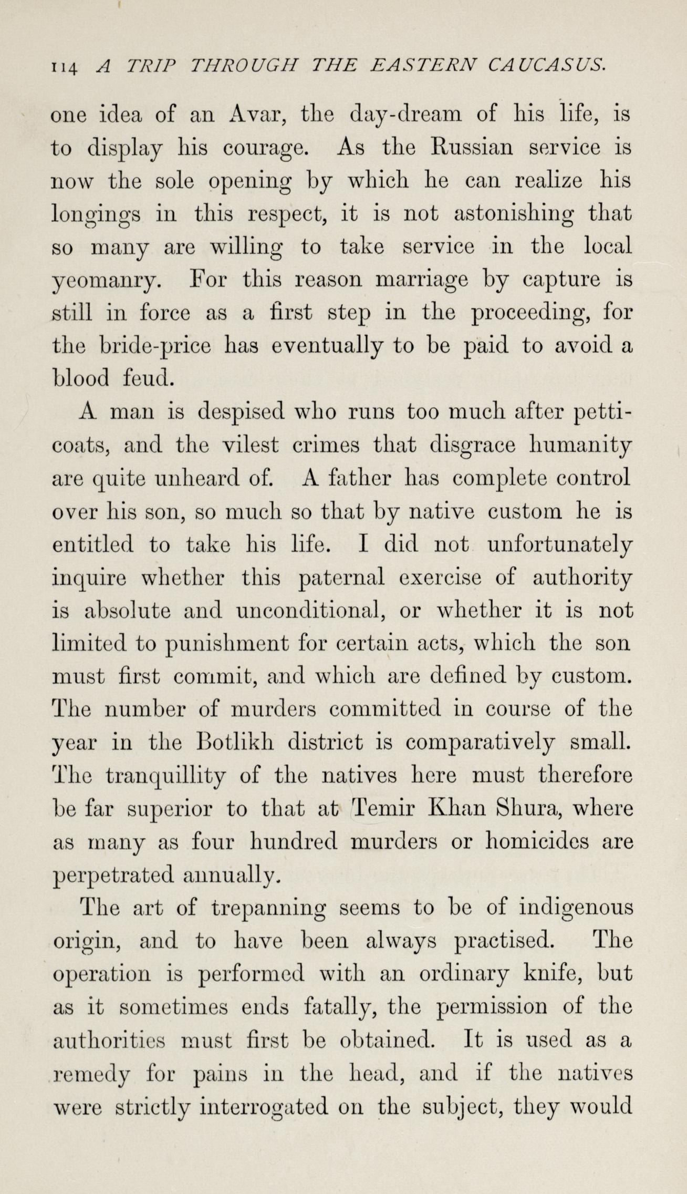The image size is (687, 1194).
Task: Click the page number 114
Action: pos(65,66)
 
